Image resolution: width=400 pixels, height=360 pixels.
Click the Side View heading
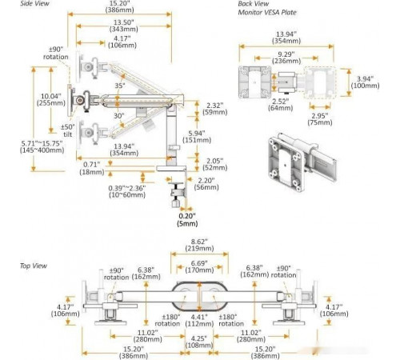click(x=34, y=4)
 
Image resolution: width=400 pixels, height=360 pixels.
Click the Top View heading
click(x=34, y=266)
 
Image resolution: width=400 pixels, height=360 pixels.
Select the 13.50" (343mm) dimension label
click(x=123, y=26)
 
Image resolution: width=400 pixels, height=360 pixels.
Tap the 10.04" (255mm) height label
click(x=51, y=99)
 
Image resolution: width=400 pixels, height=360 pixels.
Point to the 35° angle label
click(x=120, y=86)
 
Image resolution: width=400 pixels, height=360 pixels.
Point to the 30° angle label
click(x=119, y=116)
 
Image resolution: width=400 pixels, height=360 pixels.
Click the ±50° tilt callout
click(x=68, y=130)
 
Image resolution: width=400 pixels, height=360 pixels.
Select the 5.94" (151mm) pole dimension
click(x=197, y=137)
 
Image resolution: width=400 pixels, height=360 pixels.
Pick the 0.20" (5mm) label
click(x=187, y=220)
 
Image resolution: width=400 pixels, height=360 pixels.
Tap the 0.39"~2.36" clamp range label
click(x=127, y=191)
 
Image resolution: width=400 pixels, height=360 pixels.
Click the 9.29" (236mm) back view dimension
click(x=286, y=58)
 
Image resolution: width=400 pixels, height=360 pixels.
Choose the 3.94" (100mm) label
click(x=365, y=82)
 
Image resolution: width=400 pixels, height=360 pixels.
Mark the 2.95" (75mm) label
click(x=320, y=119)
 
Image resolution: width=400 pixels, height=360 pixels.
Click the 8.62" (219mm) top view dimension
click(x=199, y=245)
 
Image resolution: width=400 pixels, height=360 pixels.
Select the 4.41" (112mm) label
click(x=199, y=320)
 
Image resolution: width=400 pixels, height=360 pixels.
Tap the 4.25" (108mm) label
click(x=199, y=342)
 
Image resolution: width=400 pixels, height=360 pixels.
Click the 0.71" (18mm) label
click(x=92, y=168)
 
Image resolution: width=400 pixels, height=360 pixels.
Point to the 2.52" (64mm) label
click(x=280, y=105)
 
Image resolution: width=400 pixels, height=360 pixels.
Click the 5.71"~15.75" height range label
click(x=42, y=146)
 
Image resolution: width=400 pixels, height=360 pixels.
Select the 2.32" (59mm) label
click(x=215, y=109)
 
